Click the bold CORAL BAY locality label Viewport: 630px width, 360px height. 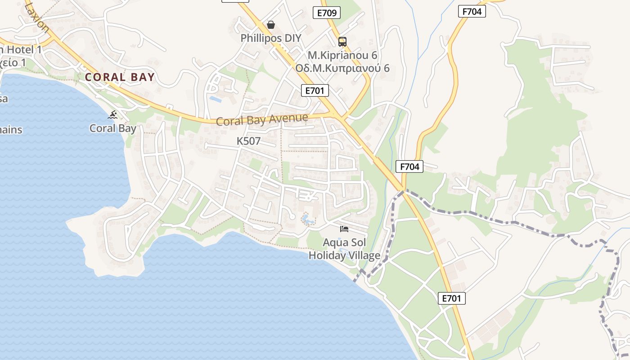pyautogui.click(x=120, y=77)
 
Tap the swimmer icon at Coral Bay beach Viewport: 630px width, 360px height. pyautogui.click(x=112, y=115)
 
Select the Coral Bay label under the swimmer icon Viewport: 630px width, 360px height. pyautogui.click(x=112, y=128)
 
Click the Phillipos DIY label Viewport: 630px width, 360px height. pyautogui.click(x=270, y=38)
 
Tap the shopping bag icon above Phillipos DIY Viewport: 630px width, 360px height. pyautogui.click(x=270, y=25)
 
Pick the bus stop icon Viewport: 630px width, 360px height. pyautogui.click(x=342, y=42)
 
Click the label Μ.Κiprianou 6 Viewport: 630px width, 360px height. pyautogui.click(x=342, y=55)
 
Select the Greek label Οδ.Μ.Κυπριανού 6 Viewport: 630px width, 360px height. pyautogui.click(x=342, y=68)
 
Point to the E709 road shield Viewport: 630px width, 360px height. pyautogui.click(x=327, y=13)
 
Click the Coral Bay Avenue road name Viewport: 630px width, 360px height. pyautogui.click(x=262, y=120)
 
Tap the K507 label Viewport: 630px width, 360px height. pyautogui.click(x=248, y=141)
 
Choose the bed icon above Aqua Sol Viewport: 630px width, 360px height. pyautogui.click(x=344, y=229)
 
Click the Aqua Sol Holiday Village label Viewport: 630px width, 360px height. pyautogui.click(x=344, y=249)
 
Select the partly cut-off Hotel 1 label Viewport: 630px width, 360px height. pyautogui.click(x=21, y=49)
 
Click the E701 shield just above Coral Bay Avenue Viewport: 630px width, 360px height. pyautogui.click(x=315, y=90)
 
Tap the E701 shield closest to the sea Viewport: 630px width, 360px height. pyautogui.click(x=452, y=298)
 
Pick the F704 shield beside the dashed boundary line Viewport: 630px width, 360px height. pyautogui.click(x=409, y=166)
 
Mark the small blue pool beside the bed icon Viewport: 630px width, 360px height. pyautogui.click(x=308, y=220)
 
